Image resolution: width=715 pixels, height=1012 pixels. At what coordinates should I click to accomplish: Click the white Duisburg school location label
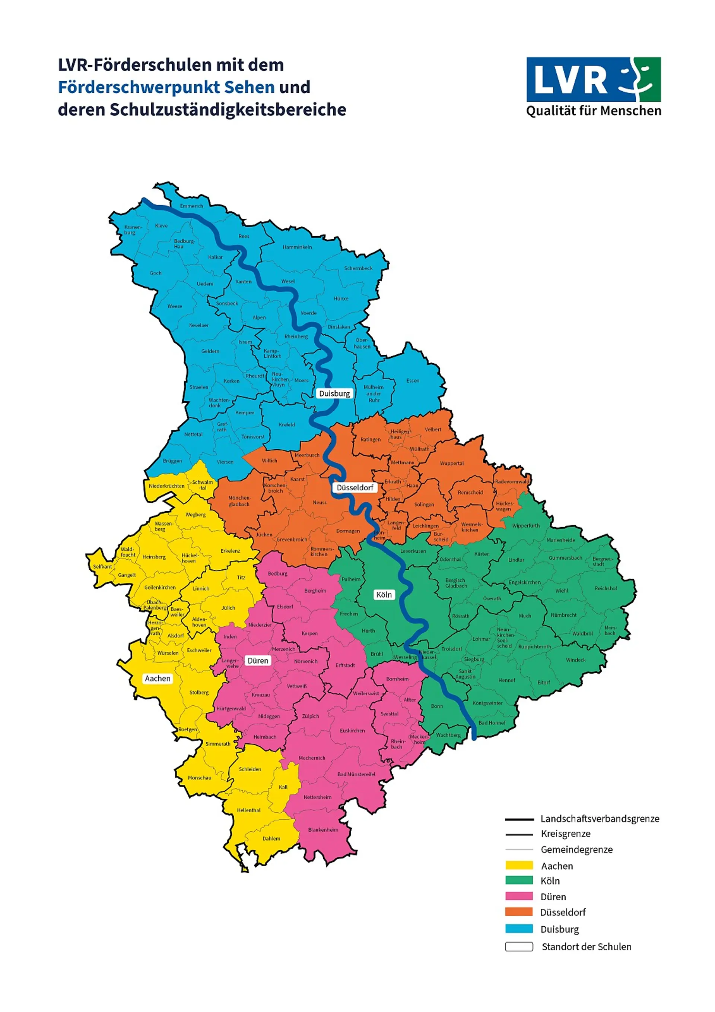coord(334,393)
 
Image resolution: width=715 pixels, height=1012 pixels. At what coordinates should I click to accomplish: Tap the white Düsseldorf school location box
coord(355,487)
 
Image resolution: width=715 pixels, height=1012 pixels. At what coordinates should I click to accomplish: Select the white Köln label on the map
coord(384,595)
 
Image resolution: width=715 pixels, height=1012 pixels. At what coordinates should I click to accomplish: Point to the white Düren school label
coord(258,660)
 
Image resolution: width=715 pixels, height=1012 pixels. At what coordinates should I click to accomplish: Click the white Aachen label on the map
coord(158,679)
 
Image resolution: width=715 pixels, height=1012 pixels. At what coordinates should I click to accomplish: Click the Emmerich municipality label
coord(192,206)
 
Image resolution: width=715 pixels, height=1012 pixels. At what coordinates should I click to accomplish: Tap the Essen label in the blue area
coord(413,380)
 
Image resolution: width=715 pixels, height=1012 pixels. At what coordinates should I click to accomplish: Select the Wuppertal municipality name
coord(452,463)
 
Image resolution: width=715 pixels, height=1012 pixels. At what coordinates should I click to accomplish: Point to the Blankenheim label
coord(323,829)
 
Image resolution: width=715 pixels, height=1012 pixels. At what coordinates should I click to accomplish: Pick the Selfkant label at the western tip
coord(102,566)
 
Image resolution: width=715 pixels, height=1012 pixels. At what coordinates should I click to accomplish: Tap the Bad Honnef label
coord(492,722)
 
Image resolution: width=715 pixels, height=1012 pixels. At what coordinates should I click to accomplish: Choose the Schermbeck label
coord(358,268)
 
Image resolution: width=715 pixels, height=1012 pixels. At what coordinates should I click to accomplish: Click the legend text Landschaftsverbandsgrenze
coord(600,819)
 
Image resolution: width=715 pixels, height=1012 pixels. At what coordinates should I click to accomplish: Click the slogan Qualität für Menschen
coord(593,111)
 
